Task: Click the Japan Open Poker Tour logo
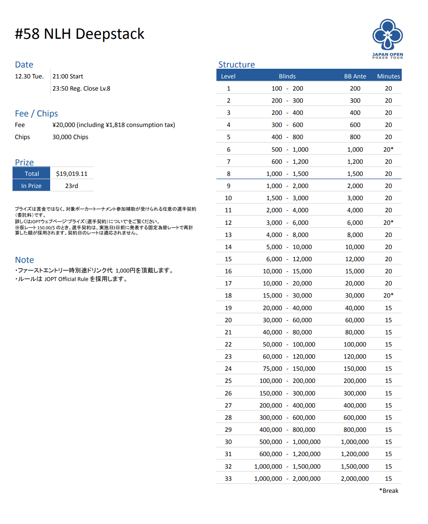click(388, 38)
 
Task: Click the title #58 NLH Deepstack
click(80, 34)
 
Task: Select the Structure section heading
click(237, 65)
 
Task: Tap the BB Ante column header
click(355, 76)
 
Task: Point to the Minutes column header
click(388, 76)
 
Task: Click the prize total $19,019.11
click(72, 174)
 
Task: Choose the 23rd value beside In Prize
click(72, 186)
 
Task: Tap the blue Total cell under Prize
click(32, 174)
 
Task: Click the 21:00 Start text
click(68, 76)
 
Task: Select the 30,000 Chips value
click(70, 137)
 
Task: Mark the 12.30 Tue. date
click(29, 76)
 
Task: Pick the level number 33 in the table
click(228, 479)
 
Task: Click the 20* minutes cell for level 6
click(388, 150)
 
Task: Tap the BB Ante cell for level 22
click(355, 344)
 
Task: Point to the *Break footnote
click(389, 491)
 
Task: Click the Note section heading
click(24, 260)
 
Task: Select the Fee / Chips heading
click(36, 114)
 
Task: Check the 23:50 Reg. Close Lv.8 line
click(81, 89)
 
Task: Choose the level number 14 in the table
click(228, 247)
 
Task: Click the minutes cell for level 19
click(388, 308)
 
